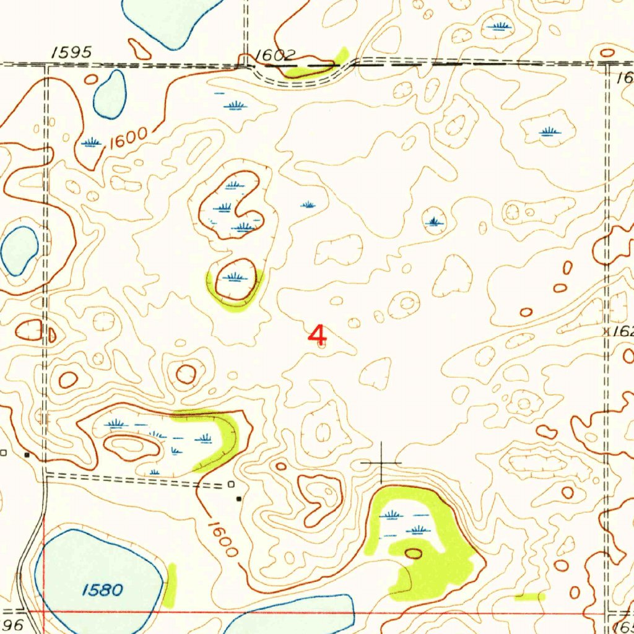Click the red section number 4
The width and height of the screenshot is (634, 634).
[317, 335]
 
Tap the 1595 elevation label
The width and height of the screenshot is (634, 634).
[72, 53]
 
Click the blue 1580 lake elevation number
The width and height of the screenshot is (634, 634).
[102, 589]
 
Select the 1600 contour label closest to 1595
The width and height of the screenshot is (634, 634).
[129, 137]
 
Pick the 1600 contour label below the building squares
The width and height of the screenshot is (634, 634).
[222, 539]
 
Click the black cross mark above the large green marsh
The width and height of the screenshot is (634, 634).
[381, 462]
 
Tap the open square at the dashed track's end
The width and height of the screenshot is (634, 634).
[230, 484]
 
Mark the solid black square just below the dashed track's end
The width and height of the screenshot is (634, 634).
[239, 498]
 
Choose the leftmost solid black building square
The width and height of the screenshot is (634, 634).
[27, 454]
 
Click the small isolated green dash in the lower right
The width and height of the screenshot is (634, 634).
[530, 596]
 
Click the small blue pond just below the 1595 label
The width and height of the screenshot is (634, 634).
[110, 94]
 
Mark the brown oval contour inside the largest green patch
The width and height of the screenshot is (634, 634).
[413, 554]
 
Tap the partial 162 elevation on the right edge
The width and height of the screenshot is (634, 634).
[622, 332]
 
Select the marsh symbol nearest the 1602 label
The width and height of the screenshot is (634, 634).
[234, 106]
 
